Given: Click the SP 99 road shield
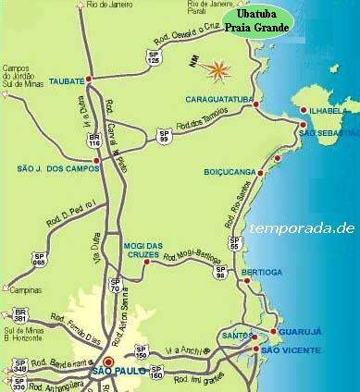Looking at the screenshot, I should tap(165, 136).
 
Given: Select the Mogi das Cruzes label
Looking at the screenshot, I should tap(143, 250).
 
